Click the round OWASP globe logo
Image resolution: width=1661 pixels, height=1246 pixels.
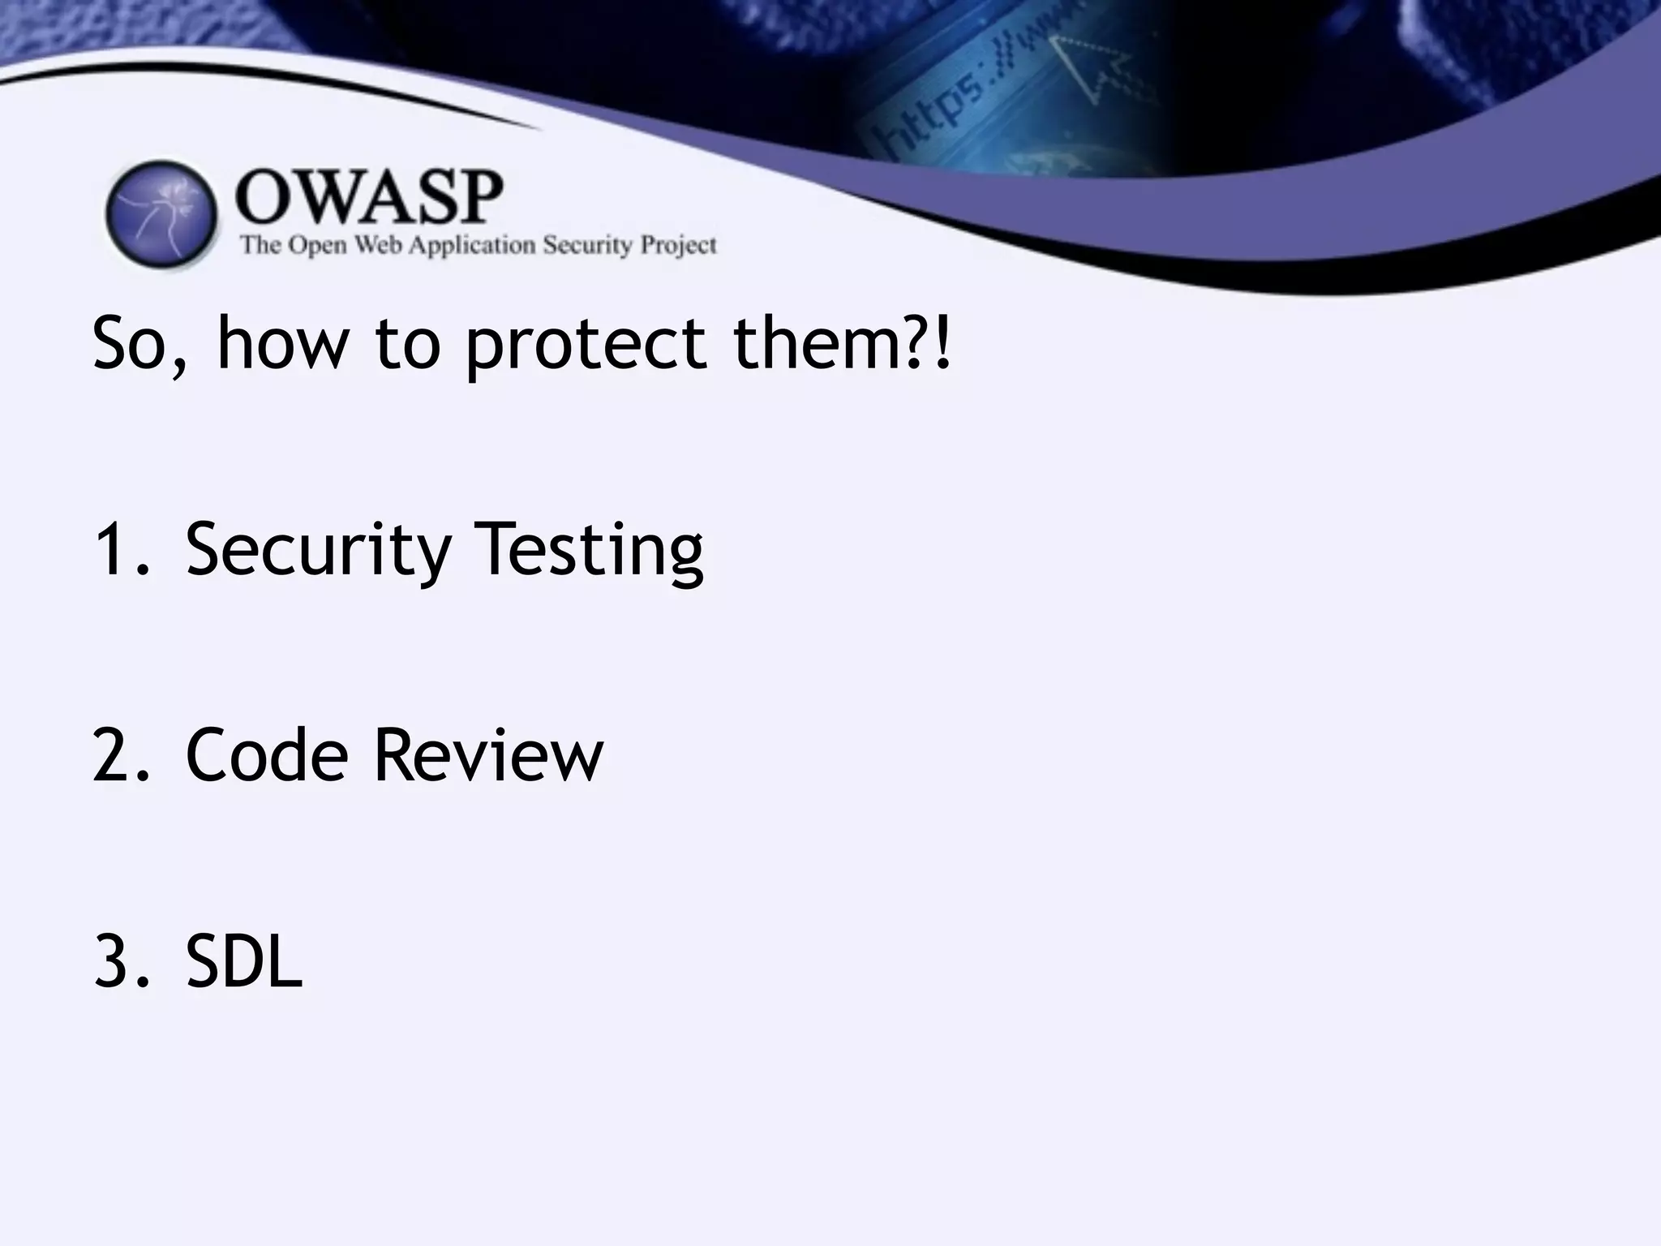(x=161, y=214)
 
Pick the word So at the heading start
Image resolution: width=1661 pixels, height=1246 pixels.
(x=134, y=344)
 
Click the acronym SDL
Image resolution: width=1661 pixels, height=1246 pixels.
(x=243, y=962)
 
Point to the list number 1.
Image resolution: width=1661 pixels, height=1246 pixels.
(x=114, y=551)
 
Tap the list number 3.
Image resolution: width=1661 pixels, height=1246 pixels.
(x=114, y=962)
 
